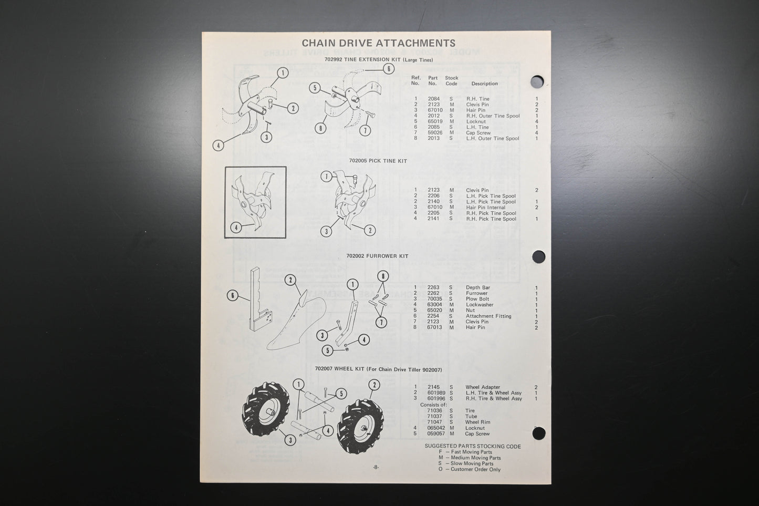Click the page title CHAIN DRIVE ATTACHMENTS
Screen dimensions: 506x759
(x=378, y=43)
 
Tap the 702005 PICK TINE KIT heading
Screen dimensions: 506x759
(x=378, y=161)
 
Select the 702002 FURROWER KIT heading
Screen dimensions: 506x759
(x=377, y=256)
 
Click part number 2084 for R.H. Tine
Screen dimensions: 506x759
(x=433, y=99)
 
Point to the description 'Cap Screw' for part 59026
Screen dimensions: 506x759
(x=478, y=133)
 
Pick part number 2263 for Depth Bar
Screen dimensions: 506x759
(x=433, y=287)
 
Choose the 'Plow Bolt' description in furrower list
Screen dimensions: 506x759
(x=477, y=299)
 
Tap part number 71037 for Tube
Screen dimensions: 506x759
(x=434, y=417)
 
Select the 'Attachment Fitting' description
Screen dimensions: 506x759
(x=488, y=316)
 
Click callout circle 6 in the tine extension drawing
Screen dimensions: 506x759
(x=388, y=69)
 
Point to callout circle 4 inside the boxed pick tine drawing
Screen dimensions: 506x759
(x=236, y=228)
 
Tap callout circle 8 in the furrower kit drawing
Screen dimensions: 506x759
(x=383, y=276)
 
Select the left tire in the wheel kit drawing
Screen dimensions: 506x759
(x=266, y=412)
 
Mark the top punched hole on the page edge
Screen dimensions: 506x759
(x=537, y=82)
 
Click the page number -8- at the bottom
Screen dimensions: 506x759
(x=376, y=467)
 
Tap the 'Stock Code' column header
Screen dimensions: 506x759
(x=451, y=81)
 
